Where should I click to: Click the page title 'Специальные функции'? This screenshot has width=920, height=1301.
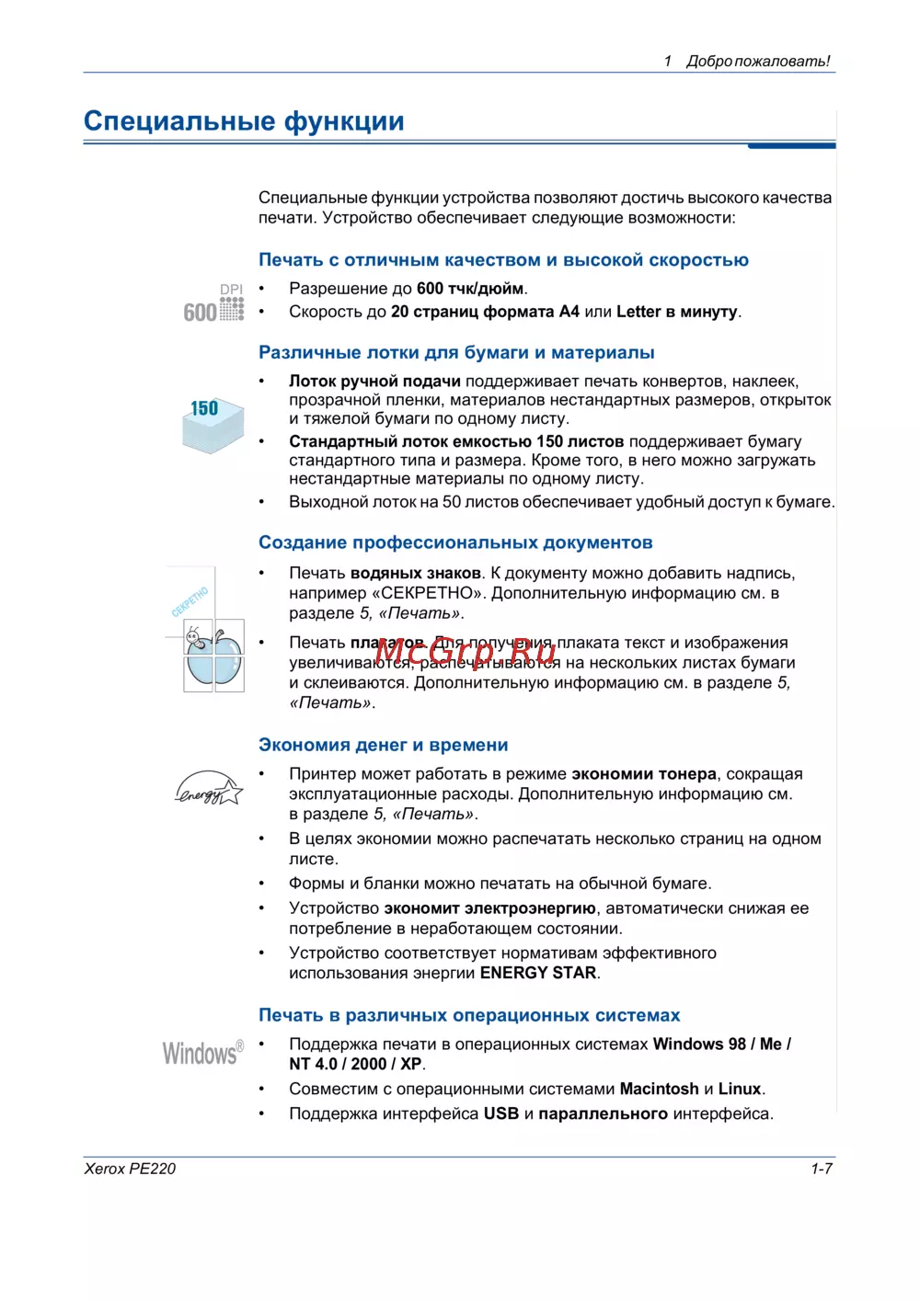[x=244, y=121]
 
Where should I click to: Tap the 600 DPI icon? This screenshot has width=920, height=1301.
[x=214, y=304]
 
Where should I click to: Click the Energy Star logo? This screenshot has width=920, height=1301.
[x=209, y=788]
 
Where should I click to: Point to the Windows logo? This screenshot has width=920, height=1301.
[x=203, y=1053]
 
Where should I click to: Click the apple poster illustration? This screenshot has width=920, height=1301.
[x=213, y=656]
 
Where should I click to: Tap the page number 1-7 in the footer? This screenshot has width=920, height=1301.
[x=821, y=1169]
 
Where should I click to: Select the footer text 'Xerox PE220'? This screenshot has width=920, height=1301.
[x=130, y=1169]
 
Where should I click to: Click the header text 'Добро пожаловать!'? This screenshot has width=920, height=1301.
[x=758, y=62]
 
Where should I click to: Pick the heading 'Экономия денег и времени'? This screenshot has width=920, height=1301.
[x=383, y=745]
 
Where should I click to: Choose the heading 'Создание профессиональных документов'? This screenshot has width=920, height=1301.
[x=455, y=542]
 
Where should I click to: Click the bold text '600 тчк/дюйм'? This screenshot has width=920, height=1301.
[x=470, y=289]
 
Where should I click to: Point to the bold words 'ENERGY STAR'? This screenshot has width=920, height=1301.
[x=539, y=973]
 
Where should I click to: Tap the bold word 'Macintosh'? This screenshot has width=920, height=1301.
[x=659, y=1089]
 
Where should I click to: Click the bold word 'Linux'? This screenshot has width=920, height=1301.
[x=739, y=1089]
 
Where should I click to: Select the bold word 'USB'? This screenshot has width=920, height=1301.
[x=501, y=1113]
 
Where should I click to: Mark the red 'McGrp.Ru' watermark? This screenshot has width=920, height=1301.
[x=466, y=651]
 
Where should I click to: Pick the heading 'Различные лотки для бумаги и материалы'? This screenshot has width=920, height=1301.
[x=456, y=353]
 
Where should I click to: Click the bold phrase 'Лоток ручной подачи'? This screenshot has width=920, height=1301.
[x=374, y=382]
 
